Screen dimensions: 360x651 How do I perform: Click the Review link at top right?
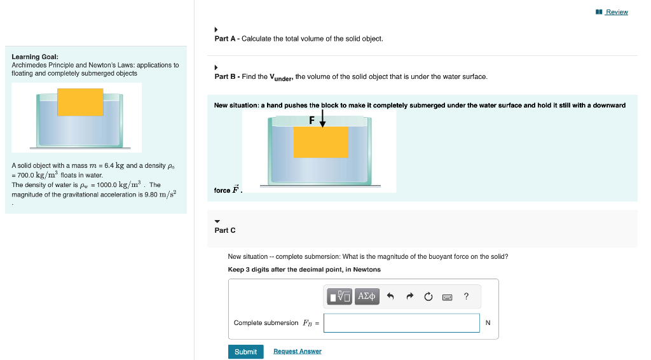coord(616,12)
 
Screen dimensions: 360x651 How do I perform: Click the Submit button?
coord(245,352)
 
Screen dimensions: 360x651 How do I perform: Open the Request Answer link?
coord(297,352)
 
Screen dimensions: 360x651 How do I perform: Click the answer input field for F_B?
coord(401,323)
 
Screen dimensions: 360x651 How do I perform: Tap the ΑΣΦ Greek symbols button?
coord(367,296)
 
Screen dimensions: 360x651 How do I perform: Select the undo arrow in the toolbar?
coord(391,296)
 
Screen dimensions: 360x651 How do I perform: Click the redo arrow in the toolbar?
coord(410,296)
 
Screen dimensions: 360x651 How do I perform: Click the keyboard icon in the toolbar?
coord(447,296)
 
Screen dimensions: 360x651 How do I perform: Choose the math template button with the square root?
coord(340,296)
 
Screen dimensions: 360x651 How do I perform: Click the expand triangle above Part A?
coord(217,29)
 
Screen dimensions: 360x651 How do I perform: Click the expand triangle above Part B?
coord(217,67)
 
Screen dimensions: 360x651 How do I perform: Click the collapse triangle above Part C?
coord(217,221)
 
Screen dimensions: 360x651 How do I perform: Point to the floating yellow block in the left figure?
coord(80,102)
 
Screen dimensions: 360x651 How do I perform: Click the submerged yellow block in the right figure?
coord(320,142)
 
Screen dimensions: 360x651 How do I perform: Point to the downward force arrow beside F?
coord(322,120)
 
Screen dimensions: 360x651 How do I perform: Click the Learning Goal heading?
coord(35,57)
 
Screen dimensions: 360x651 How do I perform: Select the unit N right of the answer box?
coord(488,323)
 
